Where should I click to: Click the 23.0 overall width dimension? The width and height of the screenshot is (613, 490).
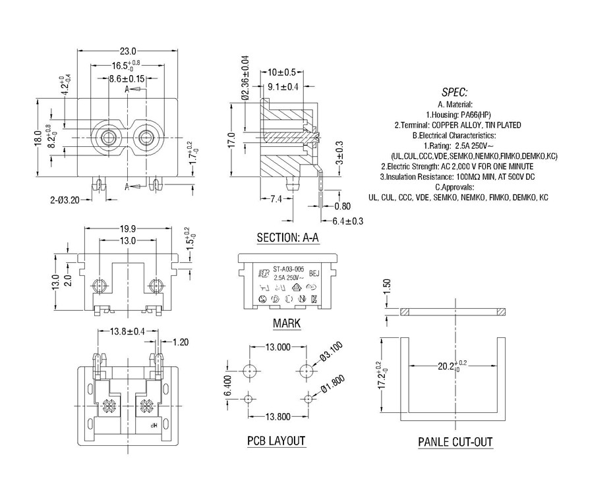[128, 51]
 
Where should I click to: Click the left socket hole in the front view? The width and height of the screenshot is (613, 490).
[107, 138]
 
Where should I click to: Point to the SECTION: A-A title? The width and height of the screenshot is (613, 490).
[287, 238]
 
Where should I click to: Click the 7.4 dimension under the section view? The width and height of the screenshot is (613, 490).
[276, 199]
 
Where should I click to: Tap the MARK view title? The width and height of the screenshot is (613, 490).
[287, 323]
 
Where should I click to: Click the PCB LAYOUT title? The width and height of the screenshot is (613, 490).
[276, 441]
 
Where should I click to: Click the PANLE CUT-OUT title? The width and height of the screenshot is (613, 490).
[455, 442]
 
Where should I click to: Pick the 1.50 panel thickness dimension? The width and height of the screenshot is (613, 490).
[388, 286]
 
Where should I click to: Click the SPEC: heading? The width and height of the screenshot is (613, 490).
[455, 92]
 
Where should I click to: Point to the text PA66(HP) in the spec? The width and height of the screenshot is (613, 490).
[473, 115]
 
